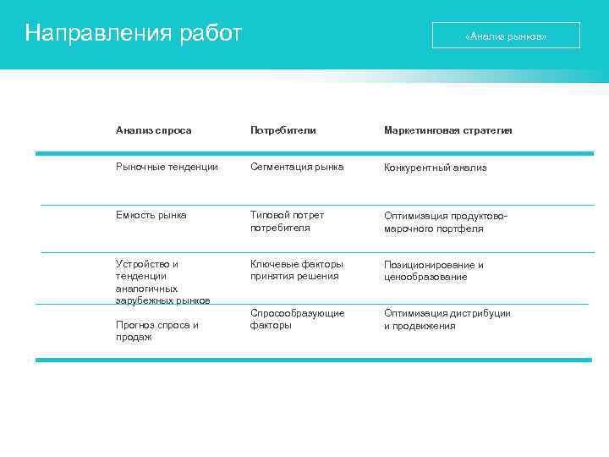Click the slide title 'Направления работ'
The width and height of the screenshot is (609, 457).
(x=134, y=34)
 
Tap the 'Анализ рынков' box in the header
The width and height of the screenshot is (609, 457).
(x=506, y=36)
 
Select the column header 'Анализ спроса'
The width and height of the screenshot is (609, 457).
(x=154, y=130)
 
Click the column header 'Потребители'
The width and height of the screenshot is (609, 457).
(x=283, y=130)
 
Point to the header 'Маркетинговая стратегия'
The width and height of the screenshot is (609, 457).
(x=447, y=130)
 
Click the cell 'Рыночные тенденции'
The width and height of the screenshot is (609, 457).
(x=167, y=167)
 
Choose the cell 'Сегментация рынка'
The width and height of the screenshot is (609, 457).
(x=297, y=167)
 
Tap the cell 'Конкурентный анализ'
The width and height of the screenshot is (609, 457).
(x=435, y=168)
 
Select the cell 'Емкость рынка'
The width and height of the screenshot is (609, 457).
(x=151, y=215)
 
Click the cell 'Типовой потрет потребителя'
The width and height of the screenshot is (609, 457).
(x=287, y=221)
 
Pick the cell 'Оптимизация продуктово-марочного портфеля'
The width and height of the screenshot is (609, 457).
(x=446, y=222)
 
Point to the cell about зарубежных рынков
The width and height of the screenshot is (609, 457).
(x=162, y=282)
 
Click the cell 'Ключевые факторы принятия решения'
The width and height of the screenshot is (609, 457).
(x=296, y=270)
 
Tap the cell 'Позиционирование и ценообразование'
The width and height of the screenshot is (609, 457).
(x=433, y=271)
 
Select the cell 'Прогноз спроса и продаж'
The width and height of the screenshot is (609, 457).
(x=156, y=331)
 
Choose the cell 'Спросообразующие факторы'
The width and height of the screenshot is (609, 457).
(x=297, y=319)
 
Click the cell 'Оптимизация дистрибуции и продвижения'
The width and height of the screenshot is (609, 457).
(x=447, y=319)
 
